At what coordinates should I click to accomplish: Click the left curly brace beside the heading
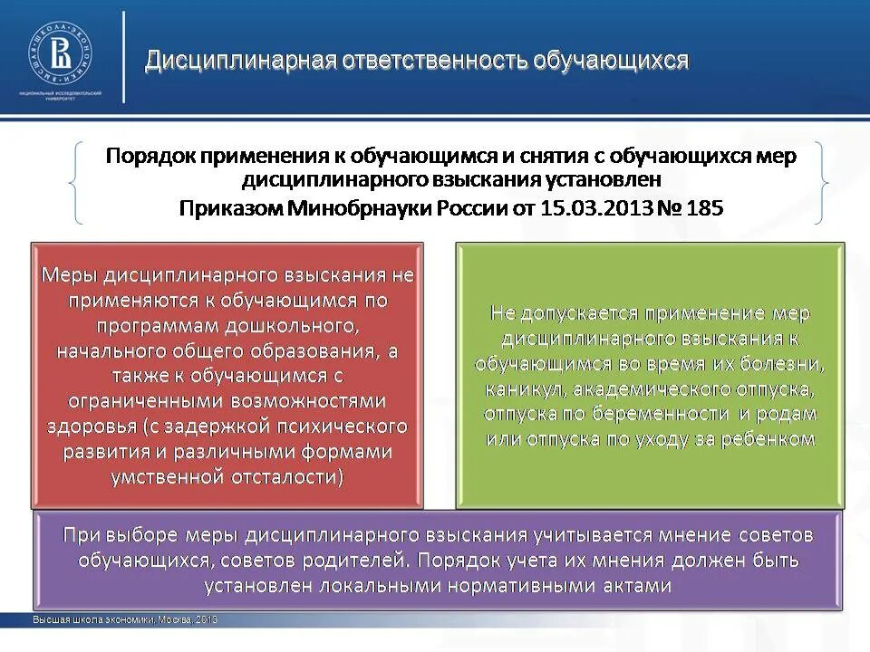[76, 182]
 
